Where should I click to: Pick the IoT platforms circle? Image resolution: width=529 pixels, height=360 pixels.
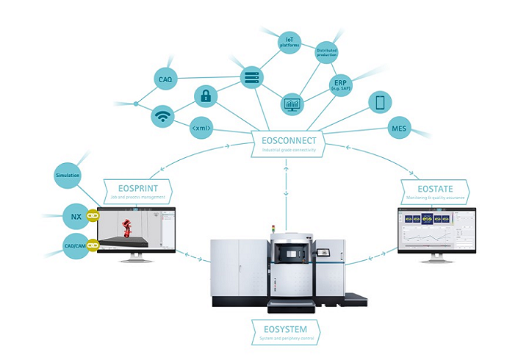[289, 41]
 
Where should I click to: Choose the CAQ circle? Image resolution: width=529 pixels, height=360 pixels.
[165, 79]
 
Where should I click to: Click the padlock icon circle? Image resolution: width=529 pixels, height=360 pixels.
[206, 96]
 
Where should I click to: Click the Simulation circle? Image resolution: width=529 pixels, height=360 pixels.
[68, 176]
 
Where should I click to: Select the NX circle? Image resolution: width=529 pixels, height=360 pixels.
[75, 216]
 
